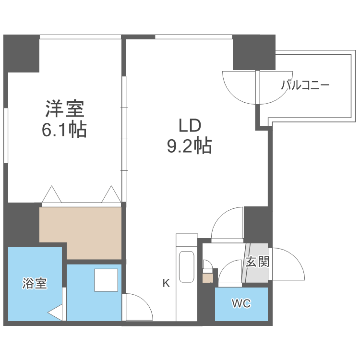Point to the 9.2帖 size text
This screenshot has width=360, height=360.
[189, 145]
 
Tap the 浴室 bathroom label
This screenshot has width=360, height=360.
[35, 283]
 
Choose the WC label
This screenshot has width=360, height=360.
[241, 304]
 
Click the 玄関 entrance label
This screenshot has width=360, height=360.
[257, 262]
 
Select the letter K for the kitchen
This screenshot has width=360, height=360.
[166, 283]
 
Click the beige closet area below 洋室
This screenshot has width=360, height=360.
[82, 226]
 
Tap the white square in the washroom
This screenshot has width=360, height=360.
[106, 280]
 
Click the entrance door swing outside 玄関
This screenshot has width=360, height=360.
[288, 264]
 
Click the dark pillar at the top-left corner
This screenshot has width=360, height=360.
[22, 53]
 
